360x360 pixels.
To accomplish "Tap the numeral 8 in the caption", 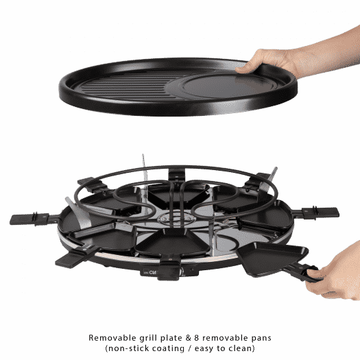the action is (196, 338).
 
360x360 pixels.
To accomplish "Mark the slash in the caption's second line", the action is (189, 348).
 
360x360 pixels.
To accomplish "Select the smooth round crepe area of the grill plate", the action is (226, 86).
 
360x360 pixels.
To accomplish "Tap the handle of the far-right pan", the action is (318, 213).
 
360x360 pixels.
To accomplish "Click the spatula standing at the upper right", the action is (268, 182).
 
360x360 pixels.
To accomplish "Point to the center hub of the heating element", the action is (177, 219).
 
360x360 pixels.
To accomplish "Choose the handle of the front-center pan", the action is (169, 269).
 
